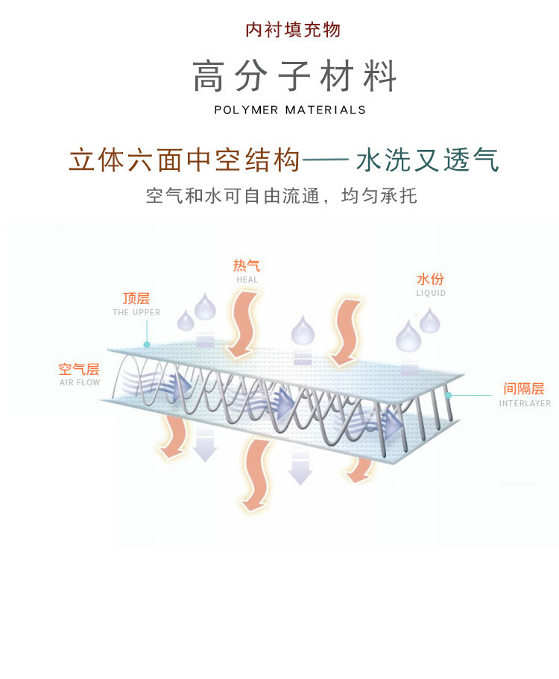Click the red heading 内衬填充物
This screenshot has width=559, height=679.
tap(293, 30)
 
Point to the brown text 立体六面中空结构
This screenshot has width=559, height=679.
tap(185, 161)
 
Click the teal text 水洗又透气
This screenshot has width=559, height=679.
tap(428, 161)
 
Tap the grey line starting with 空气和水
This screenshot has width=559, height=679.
tap(282, 197)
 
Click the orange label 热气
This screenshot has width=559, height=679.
tap(247, 266)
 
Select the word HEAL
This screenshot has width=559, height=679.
tap(247, 280)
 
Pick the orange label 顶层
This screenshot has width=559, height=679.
tap(136, 299)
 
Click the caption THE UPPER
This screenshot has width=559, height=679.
tap(136, 313)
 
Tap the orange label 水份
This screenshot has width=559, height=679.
tap(430, 280)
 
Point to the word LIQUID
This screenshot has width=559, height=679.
tap(431, 294)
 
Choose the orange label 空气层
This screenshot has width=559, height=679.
tap(79, 369)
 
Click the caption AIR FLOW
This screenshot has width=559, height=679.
tap(79, 383)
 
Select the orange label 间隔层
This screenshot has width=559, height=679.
tap(524, 389)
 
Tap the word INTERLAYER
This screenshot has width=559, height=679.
tap(525, 403)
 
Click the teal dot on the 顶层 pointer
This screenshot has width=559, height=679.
tap(148, 345)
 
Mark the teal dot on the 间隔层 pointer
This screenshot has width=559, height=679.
tap(449, 396)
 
